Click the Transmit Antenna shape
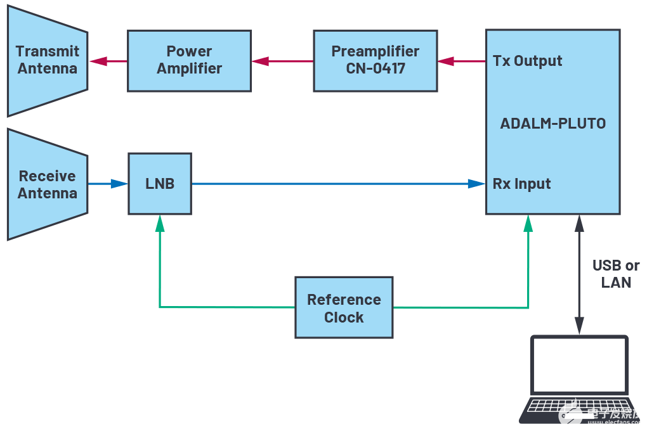click(47, 60)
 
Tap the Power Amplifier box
click(189, 60)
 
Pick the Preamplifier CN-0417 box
click(375, 60)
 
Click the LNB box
click(160, 184)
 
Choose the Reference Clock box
click(344, 308)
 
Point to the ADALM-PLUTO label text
click(552, 124)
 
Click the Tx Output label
click(528, 61)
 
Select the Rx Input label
click(521, 184)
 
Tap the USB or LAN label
click(615, 274)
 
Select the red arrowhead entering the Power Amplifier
click(260, 61)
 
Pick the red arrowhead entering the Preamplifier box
click(446, 61)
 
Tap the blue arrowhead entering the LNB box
click(119, 184)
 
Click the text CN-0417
click(375, 68)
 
